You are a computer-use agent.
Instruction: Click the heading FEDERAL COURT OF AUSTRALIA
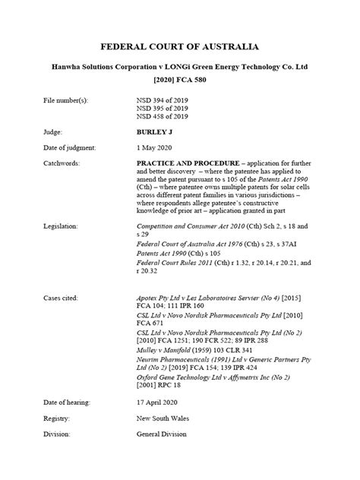(180, 46)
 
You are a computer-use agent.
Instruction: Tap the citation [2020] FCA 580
(180, 80)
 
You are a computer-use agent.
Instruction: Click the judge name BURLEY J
(155, 132)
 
